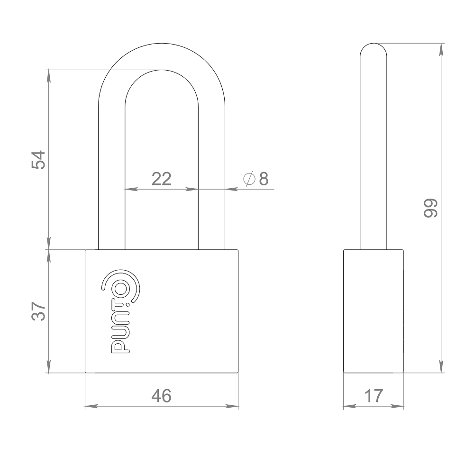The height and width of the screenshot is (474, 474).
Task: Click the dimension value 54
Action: tap(38, 160)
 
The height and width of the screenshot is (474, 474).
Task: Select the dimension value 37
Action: tap(38, 311)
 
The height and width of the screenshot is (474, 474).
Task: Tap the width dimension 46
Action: tap(161, 396)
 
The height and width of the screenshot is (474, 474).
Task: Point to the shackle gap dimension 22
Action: tap(161, 179)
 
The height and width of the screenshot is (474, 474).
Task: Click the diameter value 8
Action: tap(264, 179)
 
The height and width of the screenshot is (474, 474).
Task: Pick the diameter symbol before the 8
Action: tap(249, 179)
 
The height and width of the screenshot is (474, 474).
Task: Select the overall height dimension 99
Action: tap(430, 208)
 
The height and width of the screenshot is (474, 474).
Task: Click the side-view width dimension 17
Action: tap(373, 396)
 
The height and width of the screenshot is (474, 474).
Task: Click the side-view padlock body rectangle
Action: tap(374, 311)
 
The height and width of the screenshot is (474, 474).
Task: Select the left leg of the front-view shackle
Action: tap(111, 190)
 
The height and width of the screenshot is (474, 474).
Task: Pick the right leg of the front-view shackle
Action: tap(211, 190)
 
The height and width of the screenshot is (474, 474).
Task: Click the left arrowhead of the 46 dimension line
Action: tap(89, 406)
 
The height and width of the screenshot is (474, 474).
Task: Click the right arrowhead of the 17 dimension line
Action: tap(400, 406)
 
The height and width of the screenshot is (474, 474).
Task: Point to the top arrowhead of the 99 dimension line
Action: tap(442, 47)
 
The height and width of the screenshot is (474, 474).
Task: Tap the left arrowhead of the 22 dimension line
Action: tap(128, 189)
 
